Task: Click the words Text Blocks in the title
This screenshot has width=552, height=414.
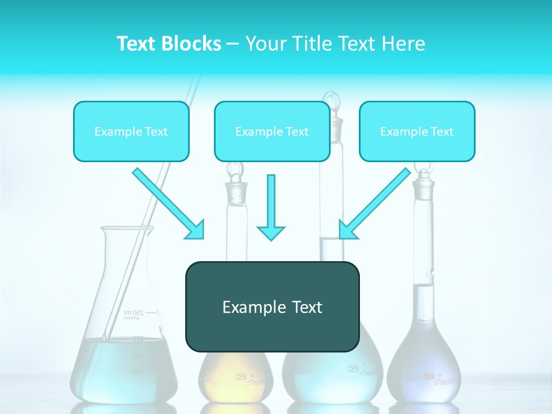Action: tap(168, 44)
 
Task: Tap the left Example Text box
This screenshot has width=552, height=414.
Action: tap(131, 131)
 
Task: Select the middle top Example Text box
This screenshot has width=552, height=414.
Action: tap(272, 131)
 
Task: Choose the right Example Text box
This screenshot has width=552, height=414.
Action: tap(417, 131)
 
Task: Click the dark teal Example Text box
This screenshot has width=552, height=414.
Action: tap(272, 306)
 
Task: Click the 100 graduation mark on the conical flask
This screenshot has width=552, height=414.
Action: tap(137, 372)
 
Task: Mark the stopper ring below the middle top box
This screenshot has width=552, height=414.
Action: tap(235, 170)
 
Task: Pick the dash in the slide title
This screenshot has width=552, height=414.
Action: tap(233, 44)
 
